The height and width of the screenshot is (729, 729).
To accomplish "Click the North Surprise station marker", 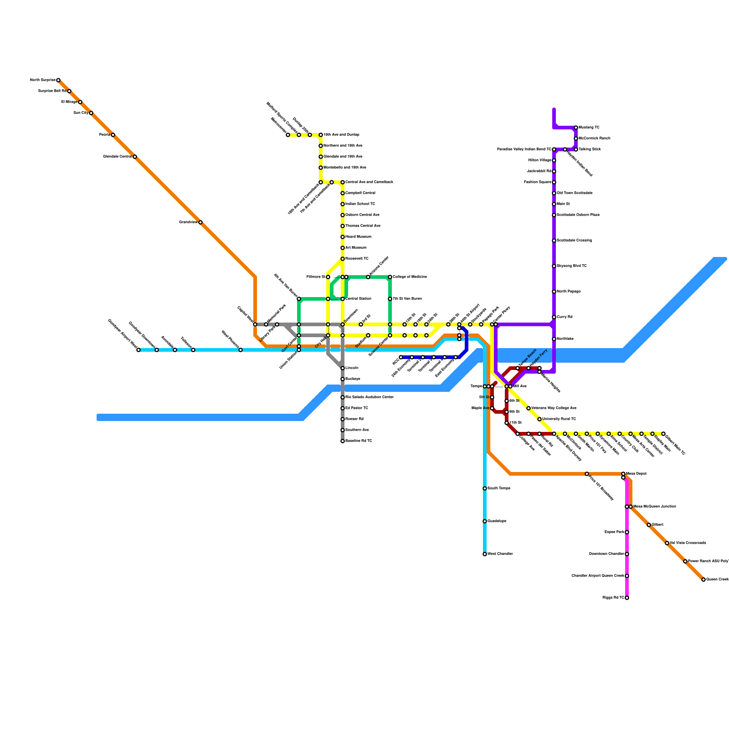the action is (x=58, y=80).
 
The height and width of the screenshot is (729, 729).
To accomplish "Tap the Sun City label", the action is (x=81, y=113).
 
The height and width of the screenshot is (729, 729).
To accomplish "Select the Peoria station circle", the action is (x=113, y=135).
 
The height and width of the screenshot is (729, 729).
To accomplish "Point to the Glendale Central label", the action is (x=117, y=157).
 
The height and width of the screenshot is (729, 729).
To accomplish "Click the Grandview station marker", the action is (x=200, y=222).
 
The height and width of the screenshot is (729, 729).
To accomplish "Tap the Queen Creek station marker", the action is (x=703, y=580).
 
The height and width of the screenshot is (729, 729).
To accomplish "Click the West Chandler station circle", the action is (x=485, y=554).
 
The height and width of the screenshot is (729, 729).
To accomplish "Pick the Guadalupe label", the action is (x=497, y=521).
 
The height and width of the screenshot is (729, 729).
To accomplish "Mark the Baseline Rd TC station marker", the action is (x=343, y=441).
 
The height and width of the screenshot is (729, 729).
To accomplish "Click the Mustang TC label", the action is (x=589, y=128).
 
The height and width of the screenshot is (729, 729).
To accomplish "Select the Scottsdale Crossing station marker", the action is (x=554, y=241).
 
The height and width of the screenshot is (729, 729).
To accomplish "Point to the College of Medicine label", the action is (x=410, y=277).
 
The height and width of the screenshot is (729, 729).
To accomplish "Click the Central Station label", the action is (x=358, y=299).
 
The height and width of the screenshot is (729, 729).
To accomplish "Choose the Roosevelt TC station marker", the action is (x=343, y=259).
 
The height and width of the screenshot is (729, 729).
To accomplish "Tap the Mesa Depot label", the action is (x=636, y=474).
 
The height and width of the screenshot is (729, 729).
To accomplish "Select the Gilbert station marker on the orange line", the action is (x=649, y=525).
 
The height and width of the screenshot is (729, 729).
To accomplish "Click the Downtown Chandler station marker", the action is (x=627, y=554).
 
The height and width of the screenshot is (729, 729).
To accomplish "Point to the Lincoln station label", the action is (x=352, y=368).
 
